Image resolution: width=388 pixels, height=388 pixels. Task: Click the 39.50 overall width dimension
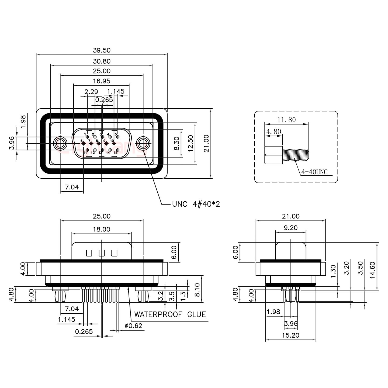coord(102,50)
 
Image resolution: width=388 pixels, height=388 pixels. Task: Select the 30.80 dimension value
coord(102,61)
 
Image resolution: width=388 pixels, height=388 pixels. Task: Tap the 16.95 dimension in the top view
coord(102,81)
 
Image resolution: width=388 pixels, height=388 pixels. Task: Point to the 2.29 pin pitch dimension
coord(91,92)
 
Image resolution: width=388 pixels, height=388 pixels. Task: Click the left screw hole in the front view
coord(60,143)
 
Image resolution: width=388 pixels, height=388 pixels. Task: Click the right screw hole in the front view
coord(143,143)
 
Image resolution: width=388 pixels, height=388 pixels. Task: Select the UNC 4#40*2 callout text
coord(196,204)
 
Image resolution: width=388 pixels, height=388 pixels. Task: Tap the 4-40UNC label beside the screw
coord(314,172)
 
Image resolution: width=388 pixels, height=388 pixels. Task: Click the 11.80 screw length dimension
coord(286,120)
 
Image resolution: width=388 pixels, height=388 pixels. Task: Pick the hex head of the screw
coord(274,155)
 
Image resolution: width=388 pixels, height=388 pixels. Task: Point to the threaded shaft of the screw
coord(296,154)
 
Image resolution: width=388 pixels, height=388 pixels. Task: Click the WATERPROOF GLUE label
coord(170,314)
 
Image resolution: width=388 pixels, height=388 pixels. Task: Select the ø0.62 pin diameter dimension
coord(133,326)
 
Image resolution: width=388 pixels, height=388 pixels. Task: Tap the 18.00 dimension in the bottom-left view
coord(102,229)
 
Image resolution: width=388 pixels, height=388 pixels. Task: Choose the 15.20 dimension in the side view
coord(290,335)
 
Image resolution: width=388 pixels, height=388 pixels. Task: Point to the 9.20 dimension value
coord(290,228)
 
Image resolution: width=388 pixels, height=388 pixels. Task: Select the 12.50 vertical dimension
coord(190,143)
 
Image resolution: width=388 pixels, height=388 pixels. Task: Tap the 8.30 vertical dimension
coord(176,143)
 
